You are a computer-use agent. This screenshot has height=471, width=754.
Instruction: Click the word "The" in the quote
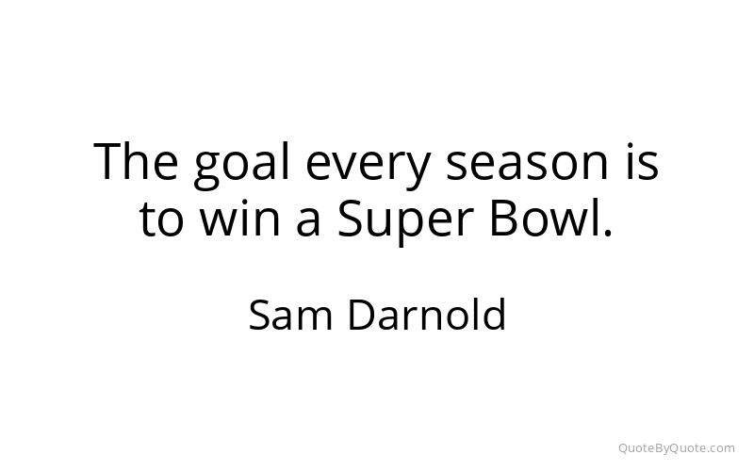tap(136, 161)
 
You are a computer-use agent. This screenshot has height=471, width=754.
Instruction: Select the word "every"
tap(368, 167)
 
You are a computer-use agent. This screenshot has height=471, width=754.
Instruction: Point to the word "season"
tap(528, 163)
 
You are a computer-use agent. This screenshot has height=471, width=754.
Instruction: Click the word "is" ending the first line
tap(642, 161)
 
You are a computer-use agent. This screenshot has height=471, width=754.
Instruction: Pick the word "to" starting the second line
tap(161, 219)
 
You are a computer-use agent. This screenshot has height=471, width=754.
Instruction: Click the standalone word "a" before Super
tap(308, 220)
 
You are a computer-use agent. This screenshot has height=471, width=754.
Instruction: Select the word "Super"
tap(403, 220)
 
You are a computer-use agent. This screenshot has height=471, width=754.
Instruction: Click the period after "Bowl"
tap(608, 232)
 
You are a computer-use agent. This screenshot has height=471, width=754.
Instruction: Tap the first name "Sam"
tap(290, 315)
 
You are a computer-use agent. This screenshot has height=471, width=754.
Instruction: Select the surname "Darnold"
tap(427, 314)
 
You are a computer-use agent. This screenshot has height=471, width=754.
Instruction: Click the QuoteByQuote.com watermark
tap(677, 448)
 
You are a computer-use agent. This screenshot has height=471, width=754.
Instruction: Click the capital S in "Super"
tap(350, 218)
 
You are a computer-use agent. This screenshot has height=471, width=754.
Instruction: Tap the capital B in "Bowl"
tap(503, 218)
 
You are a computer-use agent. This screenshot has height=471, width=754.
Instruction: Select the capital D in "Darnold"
tap(363, 315)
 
